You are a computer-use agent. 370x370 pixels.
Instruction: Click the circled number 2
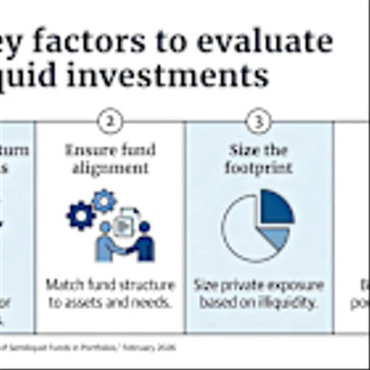pos(110,122)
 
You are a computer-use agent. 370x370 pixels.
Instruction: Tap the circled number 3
pos(258,122)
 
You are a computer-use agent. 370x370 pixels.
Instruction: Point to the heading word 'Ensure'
pos(90,150)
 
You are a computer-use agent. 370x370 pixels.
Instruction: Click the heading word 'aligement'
pos(110,168)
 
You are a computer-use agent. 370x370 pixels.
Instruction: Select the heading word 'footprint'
pos(258,168)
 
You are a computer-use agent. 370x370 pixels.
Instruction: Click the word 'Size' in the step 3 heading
pos(242,150)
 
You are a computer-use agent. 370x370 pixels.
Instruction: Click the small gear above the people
pos(104,200)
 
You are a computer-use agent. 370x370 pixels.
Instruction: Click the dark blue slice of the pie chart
pos(275,208)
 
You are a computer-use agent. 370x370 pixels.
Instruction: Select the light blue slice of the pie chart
pos(275,237)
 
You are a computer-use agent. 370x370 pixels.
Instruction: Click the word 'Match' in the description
pos(62,285)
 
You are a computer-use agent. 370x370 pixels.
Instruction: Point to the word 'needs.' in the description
pos(152,302)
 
